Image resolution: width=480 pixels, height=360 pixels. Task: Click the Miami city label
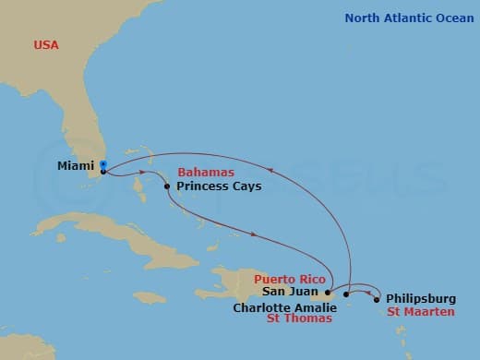[75, 167]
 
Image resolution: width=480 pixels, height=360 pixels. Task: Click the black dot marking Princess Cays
[167, 187]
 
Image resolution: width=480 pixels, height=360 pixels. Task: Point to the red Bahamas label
[206, 173]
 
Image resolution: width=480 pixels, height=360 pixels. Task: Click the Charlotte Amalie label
[285, 307]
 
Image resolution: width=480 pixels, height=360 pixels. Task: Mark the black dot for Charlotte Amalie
[346, 294]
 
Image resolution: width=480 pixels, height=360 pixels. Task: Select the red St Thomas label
[299, 320]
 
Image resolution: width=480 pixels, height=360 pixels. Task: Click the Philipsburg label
[422, 298]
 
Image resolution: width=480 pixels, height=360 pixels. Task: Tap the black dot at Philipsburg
[377, 299]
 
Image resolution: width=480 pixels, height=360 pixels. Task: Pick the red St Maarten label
[421, 312]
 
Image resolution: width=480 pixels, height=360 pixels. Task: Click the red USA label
[47, 44]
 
